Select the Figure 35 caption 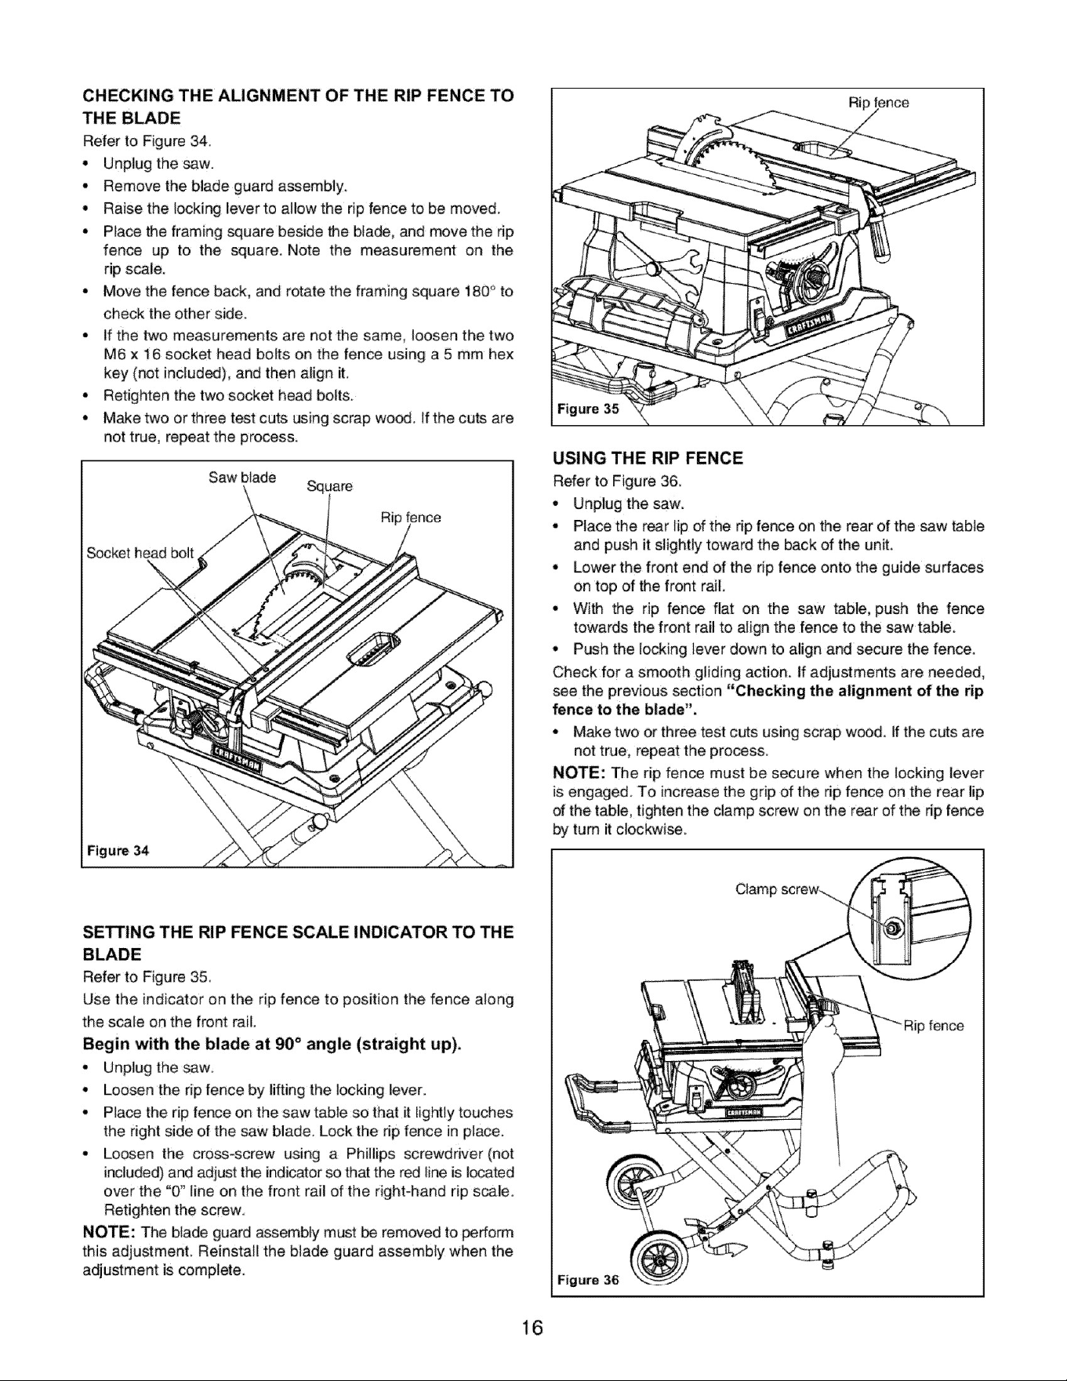click(587, 408)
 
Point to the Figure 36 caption click(588, 1281)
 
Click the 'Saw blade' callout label click(242, 478)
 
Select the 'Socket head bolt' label click(140, 552)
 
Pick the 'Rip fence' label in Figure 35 click(879, 103)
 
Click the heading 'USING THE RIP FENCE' click(648, 458)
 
